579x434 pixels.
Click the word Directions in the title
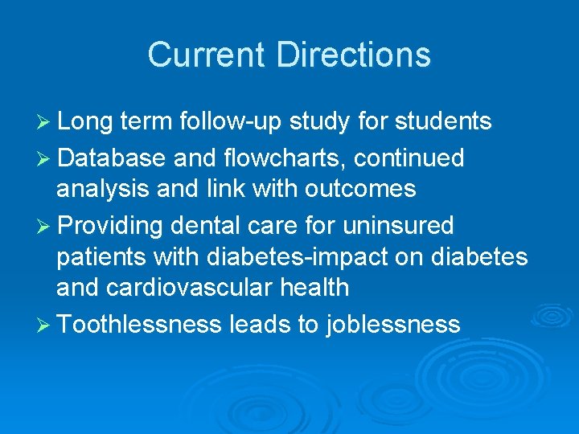coord(354,55)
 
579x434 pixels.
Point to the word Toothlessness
coord(140,325)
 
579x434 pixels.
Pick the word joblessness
coord(393,325)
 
